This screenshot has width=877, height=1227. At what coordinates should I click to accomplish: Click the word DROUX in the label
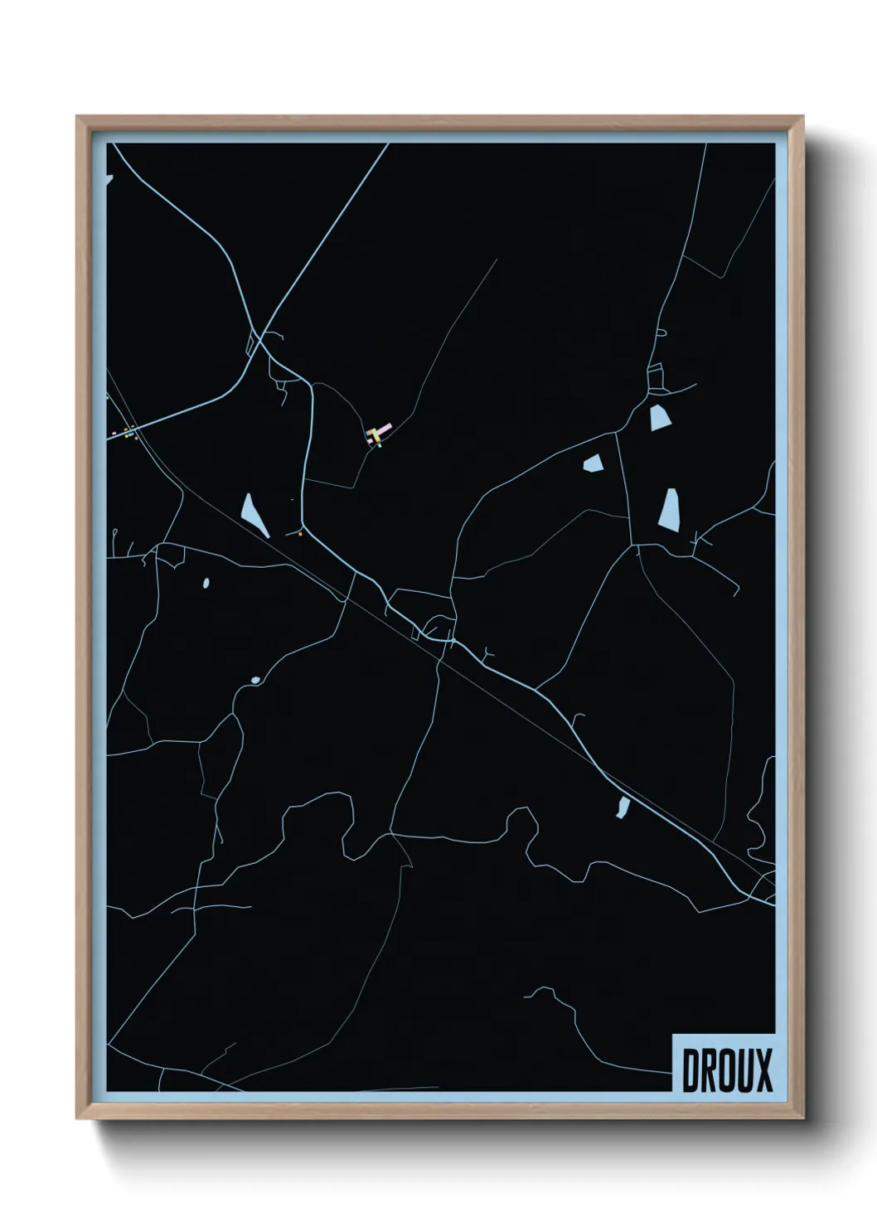[x=727, y=1069]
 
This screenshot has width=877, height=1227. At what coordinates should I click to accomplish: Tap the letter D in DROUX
[x=690, y=1069]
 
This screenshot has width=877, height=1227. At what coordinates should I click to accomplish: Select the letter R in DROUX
[x=709, y=1069]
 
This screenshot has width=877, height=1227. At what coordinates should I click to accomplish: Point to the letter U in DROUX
[x=745, y=1069]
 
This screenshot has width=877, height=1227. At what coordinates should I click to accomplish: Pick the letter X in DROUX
[x=763, y=1069]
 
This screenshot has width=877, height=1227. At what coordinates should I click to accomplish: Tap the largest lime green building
[x=376, y=434]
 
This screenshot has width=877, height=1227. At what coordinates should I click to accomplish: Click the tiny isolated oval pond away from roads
[x=206, y=583]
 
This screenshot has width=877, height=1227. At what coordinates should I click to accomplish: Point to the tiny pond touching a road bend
[x=254, y=681]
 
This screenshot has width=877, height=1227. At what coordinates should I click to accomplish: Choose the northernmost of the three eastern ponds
[x=659, y=417]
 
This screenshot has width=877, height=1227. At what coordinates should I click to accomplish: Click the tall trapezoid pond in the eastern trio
[x=669, y=508]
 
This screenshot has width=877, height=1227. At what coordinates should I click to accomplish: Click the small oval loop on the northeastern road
[x=661, y=333]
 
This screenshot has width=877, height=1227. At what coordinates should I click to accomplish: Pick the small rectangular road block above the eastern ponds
[x=656, y=377]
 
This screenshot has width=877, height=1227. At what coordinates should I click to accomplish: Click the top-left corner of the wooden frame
[x=77, y=117]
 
